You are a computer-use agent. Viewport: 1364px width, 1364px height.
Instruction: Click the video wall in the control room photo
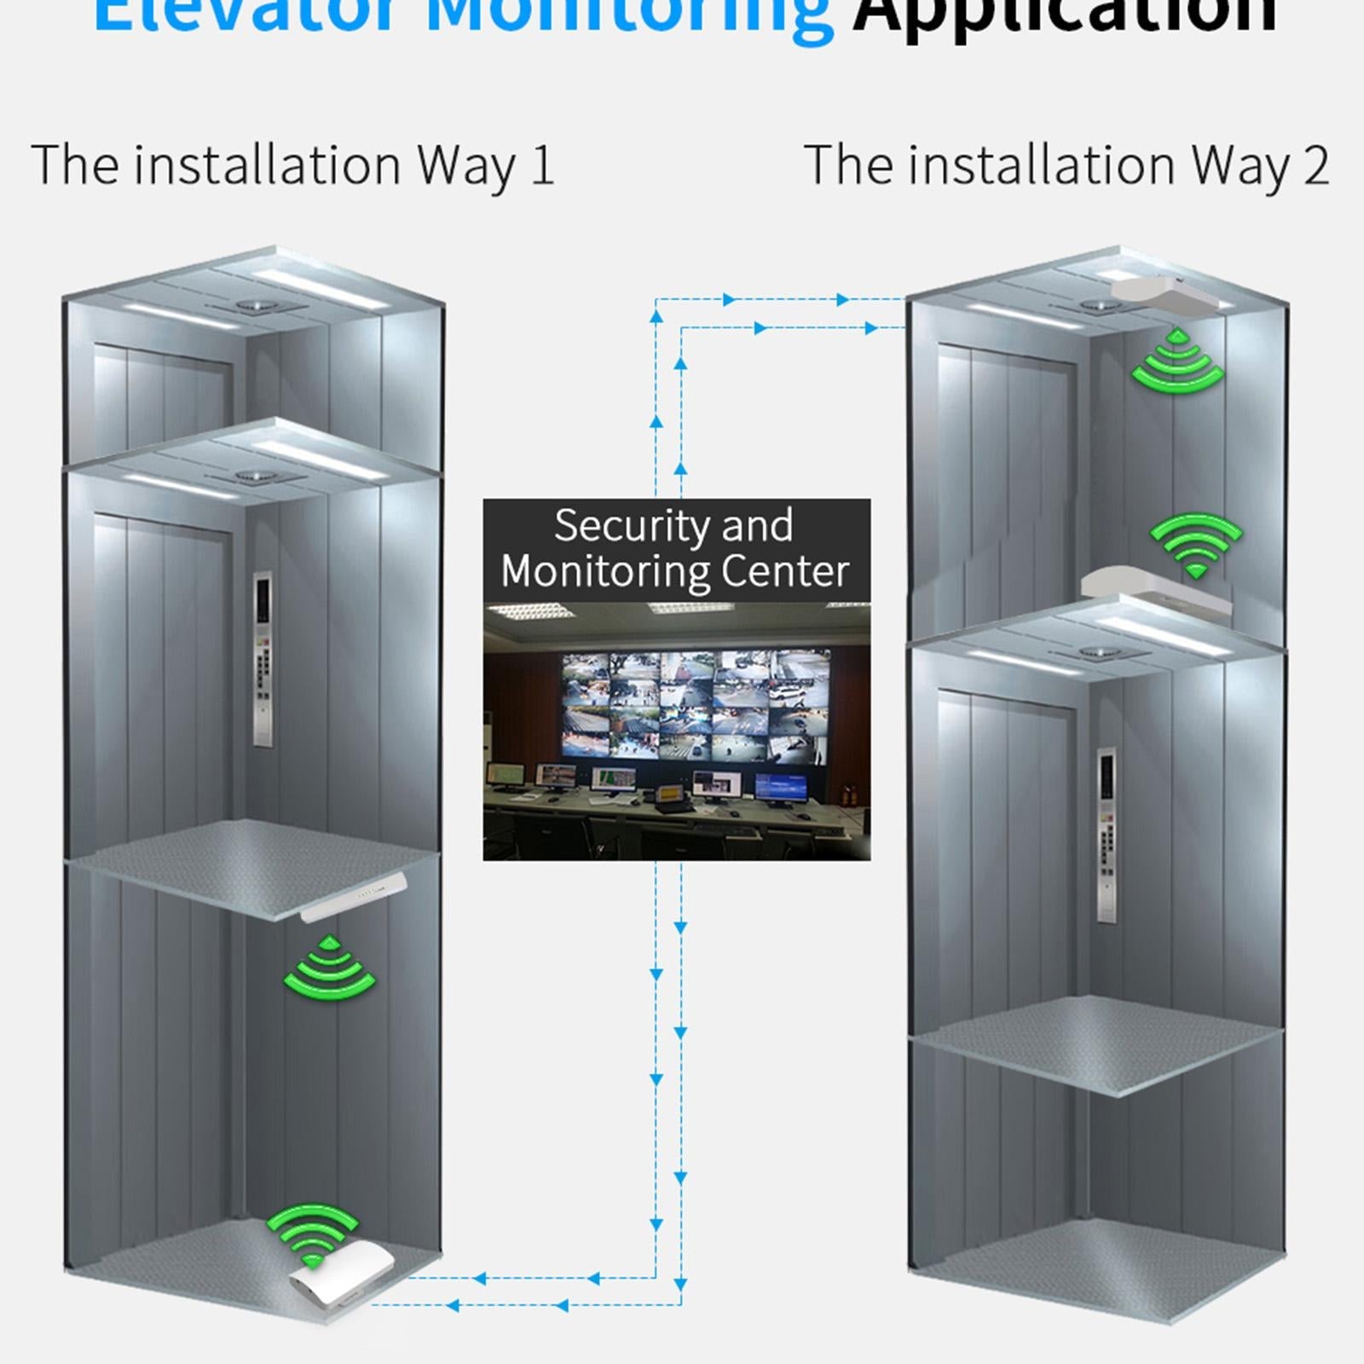tap(694, 704)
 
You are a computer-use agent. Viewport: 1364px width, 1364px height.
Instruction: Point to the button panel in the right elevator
tap(1107, 834)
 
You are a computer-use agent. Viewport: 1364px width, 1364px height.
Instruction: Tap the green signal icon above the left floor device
tap(312, 1234)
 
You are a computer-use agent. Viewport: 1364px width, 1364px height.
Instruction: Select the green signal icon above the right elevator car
tap(1196, 543)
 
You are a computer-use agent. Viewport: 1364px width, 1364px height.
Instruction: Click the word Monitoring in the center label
tap(604, 571)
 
